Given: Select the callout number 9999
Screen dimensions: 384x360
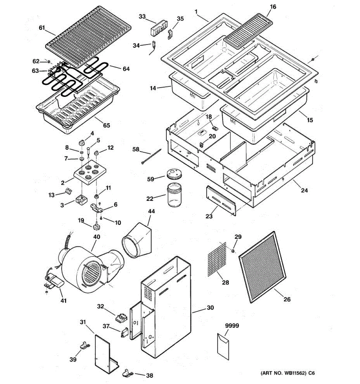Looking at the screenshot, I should point(232,326).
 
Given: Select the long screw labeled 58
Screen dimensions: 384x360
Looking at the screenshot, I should point(151,156).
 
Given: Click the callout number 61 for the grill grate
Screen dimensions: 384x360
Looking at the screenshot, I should point(42,28).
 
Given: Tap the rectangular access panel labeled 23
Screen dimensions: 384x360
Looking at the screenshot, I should point(221,201).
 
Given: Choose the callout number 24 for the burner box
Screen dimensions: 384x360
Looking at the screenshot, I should point(304,190).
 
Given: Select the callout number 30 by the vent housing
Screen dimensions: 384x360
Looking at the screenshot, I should point(210,308).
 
